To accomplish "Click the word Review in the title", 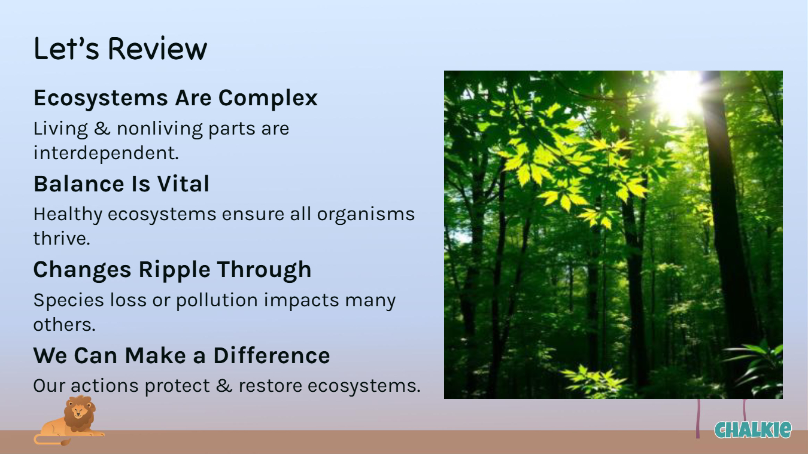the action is tap(157, 48).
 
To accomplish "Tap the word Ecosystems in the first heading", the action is tap(101, 97).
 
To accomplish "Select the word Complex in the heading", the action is tap(268, 99).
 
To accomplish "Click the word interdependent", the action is tap(106, 153).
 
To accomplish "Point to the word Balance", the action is tap(79, 184).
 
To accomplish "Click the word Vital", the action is tap(183, 184).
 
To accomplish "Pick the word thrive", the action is tap(62, 238).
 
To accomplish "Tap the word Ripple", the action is tap(174, 270).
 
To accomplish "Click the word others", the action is tap(65, 325).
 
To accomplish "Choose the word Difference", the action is tap(272, 355).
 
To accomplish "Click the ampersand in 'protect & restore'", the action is tap(224, 385).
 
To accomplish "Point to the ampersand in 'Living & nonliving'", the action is tap(102, 129).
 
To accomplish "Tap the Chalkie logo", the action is tap(753, 430).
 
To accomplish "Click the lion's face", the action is tap(78, 411).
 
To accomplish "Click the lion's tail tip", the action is tap(66, 443).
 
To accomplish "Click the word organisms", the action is tap(366, 215).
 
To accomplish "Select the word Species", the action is tap(69, 300).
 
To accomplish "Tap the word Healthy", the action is tap(68, 215).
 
